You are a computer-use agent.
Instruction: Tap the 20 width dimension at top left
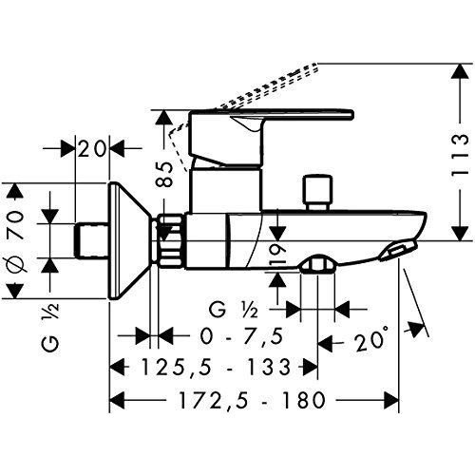point(93,148)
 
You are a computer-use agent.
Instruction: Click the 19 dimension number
point(276,252)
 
